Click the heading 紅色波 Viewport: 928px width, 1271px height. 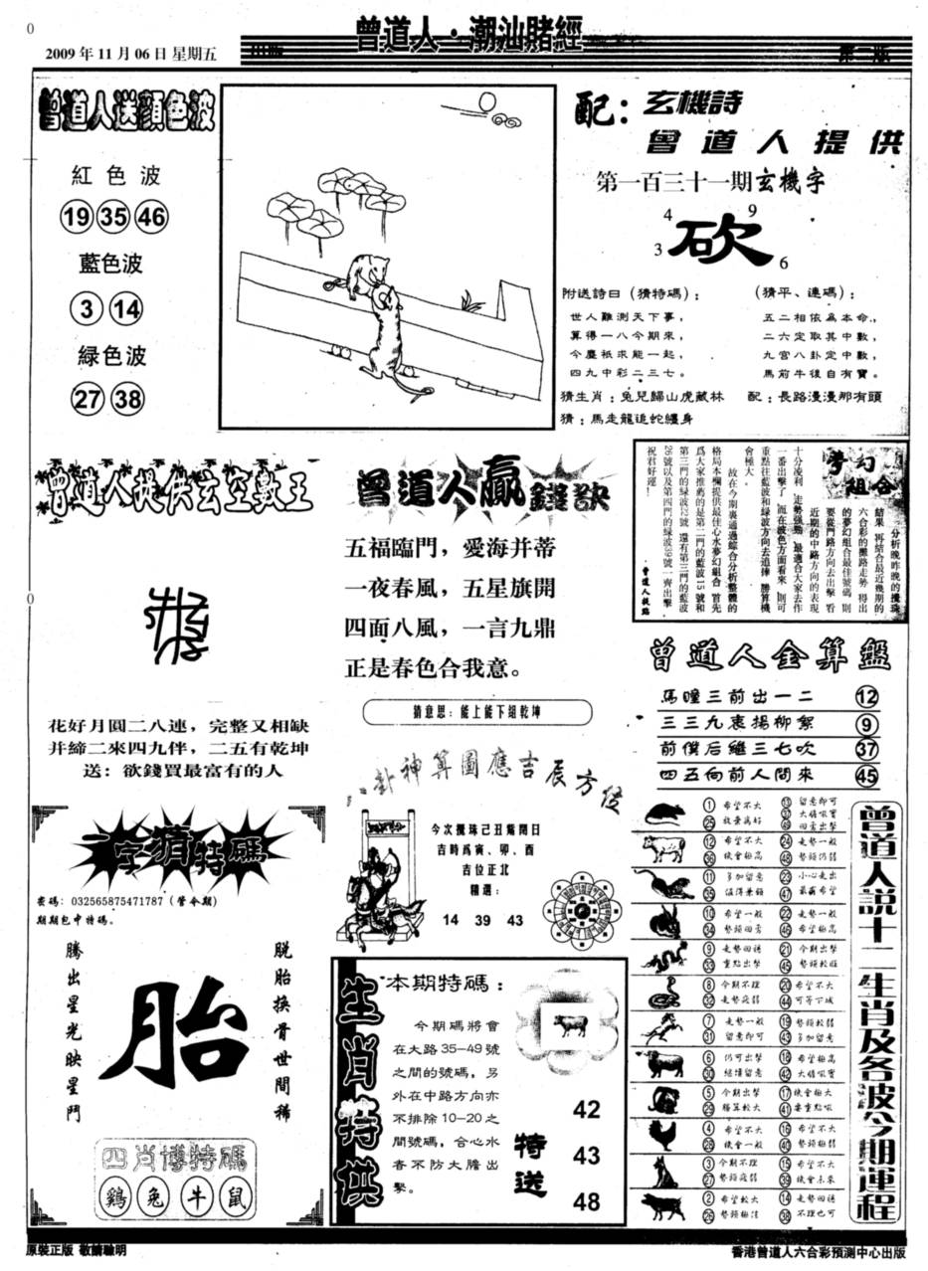point(115,176)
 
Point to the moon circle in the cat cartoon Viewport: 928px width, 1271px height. point(487,101)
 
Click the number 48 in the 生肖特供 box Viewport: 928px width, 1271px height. point(586,1200)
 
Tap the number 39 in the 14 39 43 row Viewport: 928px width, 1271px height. point(482,921)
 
